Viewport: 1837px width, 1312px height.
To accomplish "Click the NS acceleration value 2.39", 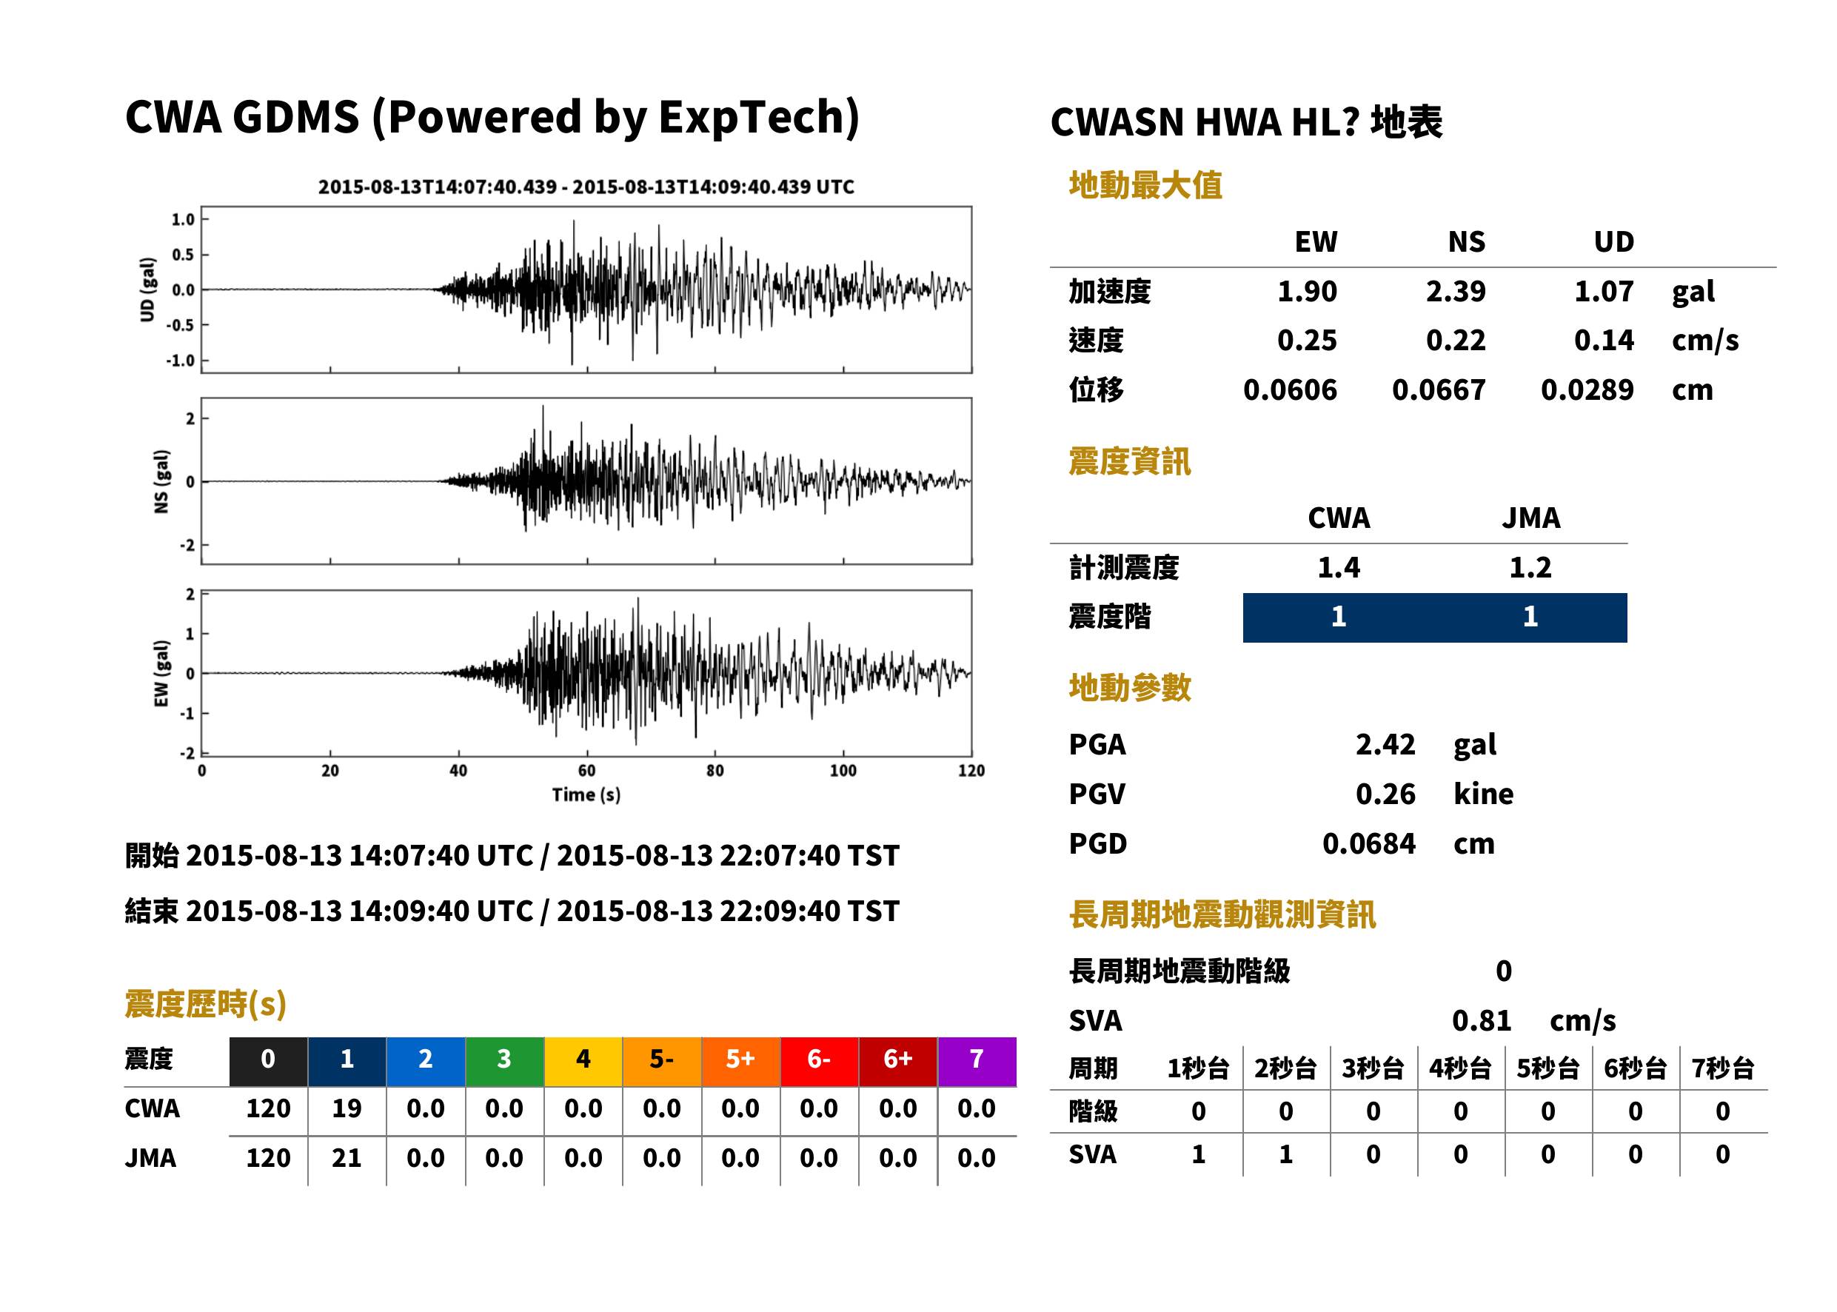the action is pyautogui.click(x=1455, y=291).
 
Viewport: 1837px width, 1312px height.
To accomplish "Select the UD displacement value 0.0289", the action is pyautogui.click(x=1587, y=389).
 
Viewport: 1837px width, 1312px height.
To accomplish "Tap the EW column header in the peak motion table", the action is pyautogui.click(x=1316, y=241).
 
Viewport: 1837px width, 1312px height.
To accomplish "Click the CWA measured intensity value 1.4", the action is pyautogui.click(x=1339, y=567).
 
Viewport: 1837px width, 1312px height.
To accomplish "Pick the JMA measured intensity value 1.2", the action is pyautogui.click(x=1530, y=567).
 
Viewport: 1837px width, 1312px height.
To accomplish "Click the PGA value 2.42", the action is pyautogui.click(x=1385, y=744).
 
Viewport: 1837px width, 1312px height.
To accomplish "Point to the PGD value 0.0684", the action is pyautogui.click(x=1368, y=843).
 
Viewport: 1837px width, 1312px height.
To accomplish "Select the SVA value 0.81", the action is pyautogui.click(x=1482, y=1020).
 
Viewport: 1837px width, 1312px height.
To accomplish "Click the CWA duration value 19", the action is pyautogui.click(x=347, y=1108).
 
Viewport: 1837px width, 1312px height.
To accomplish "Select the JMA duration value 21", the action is pyautogui.click(x=347, y=1158).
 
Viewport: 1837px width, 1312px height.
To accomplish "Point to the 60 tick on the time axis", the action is pyautogui.click(x=586, y=771).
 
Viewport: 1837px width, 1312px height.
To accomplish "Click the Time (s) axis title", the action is pyautogui.click(x=586, y=795).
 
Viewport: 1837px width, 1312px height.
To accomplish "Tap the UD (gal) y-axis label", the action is pyautogui.click(x=147, y=289).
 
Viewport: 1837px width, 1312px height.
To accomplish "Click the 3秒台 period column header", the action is pyautogui.click(x=1373, y=1068).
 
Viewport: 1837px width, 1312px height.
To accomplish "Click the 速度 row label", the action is pyautogui.click(x=1097, y=340).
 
